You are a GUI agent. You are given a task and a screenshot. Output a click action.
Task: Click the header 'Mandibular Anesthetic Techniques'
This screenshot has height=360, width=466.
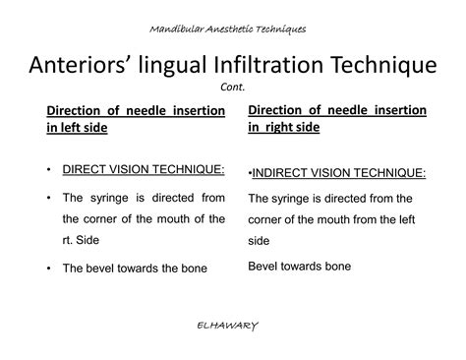pyautogui.click(x=233, y=29)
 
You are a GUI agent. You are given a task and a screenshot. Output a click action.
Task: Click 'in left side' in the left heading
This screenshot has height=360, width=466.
pyautogui.click(x=74, y=128)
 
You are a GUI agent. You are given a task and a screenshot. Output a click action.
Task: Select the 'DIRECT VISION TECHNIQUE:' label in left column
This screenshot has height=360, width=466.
pyautogui.click(x=130, y=169)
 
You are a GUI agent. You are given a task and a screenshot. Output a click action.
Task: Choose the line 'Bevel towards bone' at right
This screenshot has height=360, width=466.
pyautogui.click(x=299, y=266)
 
